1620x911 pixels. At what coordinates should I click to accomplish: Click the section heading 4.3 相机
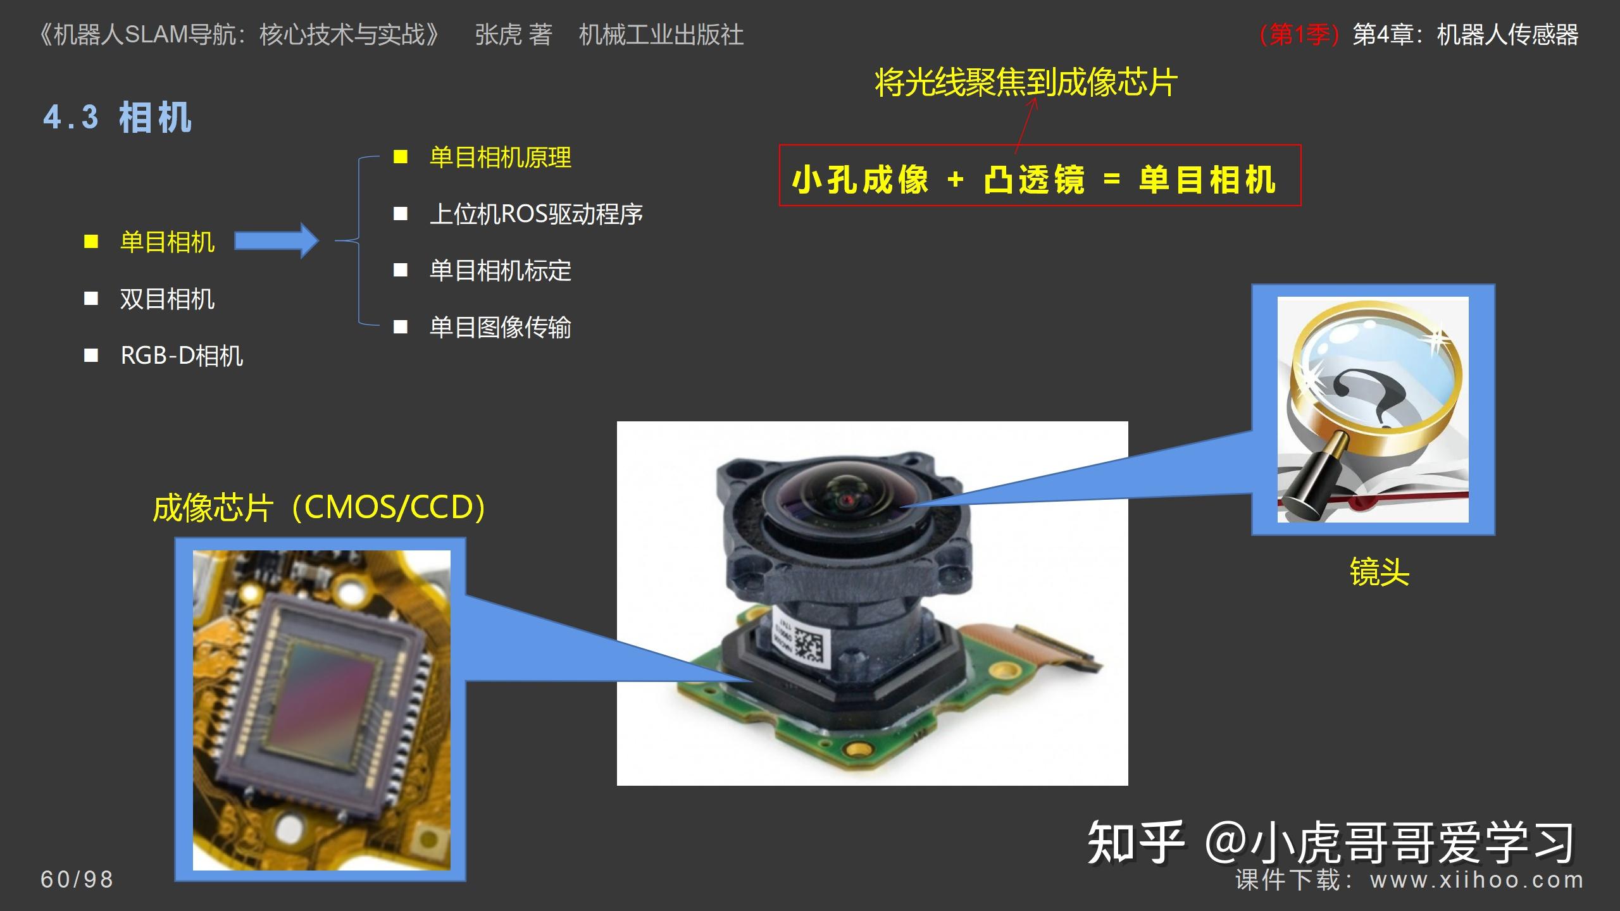pos(117,118)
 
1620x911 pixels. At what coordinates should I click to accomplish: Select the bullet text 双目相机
pos(168,299)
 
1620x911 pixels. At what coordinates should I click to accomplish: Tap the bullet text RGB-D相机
pos(182,356)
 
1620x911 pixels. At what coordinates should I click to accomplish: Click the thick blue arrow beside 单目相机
pos(277,240)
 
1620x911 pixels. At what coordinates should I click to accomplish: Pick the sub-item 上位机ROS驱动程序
pos(536,214)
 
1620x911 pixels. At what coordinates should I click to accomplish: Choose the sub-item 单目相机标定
pos(501,271)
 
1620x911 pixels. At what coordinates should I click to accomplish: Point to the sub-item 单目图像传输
pos(501,327)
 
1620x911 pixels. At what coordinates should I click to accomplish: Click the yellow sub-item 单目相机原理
pos(501,158)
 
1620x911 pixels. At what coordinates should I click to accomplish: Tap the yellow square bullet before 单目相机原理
pos(401,157)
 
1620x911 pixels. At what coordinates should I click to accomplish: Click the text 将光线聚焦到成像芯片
pos(1026,83)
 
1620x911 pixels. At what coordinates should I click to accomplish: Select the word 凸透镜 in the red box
pos(1034,180)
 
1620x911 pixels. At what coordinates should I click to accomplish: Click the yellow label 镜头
pos(1380,572)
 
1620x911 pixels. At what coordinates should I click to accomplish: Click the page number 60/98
pos(77,879)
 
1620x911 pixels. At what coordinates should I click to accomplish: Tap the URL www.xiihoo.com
pos(1477,880)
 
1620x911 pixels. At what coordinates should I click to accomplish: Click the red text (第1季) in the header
pos(1299,35)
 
